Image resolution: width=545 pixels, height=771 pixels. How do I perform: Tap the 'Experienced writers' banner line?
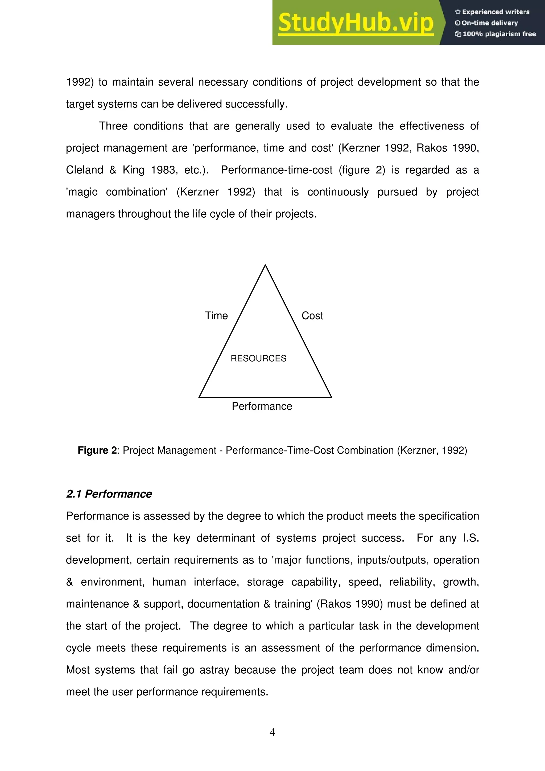pos(492,12)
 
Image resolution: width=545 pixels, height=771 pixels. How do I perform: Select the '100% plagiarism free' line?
pos(496,34)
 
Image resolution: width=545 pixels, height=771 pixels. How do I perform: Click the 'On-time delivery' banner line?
pos(487,23)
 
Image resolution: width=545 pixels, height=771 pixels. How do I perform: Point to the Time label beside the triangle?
pos(216,316)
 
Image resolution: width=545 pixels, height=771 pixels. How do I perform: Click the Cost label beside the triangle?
pos(312,316)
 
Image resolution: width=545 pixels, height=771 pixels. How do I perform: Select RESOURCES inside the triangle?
pos(258,358)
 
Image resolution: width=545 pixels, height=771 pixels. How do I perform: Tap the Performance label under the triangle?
pos(262,406)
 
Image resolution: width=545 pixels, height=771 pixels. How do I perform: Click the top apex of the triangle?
pos(265,265)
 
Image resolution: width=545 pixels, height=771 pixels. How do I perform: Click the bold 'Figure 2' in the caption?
pos(97,450)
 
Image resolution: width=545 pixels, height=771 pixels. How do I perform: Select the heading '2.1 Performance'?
pos(109,494)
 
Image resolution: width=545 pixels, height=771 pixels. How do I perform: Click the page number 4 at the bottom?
pos(272,732)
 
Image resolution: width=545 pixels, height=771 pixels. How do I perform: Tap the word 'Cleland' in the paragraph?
pos(85,170)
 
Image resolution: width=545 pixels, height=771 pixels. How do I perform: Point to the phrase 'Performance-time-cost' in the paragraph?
pos(277,170)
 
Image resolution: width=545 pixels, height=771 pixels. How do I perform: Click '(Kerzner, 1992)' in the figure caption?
pos(432,450)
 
